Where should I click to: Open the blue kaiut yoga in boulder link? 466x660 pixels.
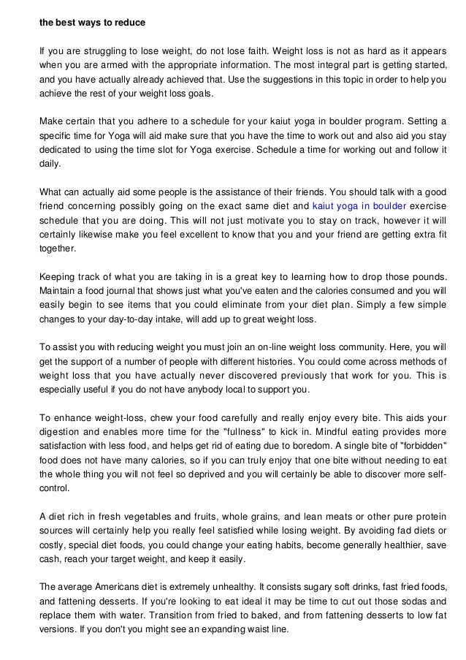pyautogui.click(x=356, y=206)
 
